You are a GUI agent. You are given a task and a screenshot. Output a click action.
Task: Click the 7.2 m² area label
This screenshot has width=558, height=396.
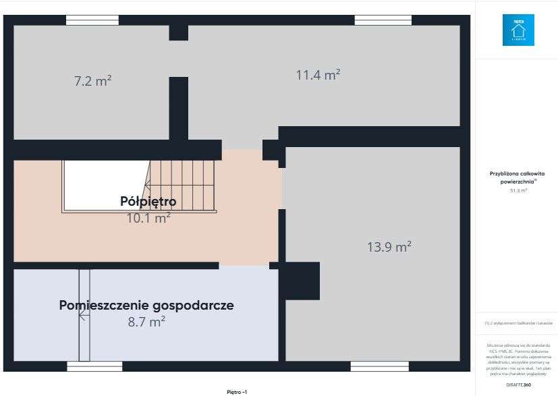point(92,81)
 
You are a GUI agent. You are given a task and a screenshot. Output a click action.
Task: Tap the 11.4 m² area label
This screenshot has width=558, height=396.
point(318,75)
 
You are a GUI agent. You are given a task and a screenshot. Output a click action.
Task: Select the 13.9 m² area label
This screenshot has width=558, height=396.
point(389,247)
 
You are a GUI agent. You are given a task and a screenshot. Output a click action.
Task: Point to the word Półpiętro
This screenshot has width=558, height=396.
point(148,201)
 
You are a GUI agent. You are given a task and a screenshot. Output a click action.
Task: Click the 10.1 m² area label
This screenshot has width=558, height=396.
point(148,217)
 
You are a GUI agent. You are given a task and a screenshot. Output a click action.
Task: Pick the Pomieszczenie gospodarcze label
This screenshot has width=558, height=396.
point(146,305)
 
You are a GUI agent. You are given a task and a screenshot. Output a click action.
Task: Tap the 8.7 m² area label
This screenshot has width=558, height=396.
point(146,322)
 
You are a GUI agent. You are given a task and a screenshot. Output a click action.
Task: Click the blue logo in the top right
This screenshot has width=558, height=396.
point(518,30)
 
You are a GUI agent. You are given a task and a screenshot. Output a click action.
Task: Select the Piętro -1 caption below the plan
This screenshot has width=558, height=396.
point(237,391)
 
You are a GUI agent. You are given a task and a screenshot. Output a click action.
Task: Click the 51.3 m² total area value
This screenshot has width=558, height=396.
point(518,190)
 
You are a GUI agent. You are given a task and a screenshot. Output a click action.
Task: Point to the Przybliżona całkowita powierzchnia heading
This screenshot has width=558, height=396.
point(518,177)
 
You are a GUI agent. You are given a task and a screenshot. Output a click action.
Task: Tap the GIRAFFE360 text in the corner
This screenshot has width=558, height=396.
point(518,384)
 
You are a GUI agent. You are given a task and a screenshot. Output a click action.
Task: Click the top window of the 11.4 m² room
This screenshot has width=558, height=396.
point(383,20)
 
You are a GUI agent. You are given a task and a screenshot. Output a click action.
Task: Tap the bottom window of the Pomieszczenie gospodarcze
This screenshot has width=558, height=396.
point(94,366)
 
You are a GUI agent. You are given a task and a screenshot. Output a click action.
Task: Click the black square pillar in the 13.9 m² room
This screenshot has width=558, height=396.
point(299,281)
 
